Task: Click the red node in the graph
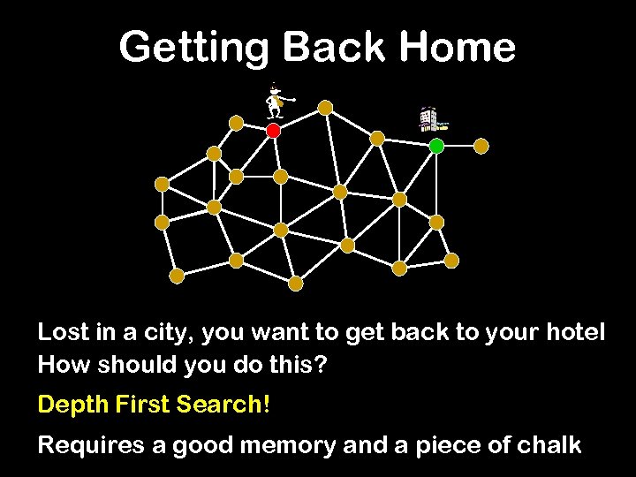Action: pyautogui.click(x=273, y=131)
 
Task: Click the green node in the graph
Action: pyautogui.click(x=436, y=147)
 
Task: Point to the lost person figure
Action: pyautogui.click(x=277, y=101)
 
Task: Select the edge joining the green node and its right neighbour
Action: pyautogui.click(x=459, y=147)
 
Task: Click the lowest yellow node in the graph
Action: pyautogui.click(x=296, y=284)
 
